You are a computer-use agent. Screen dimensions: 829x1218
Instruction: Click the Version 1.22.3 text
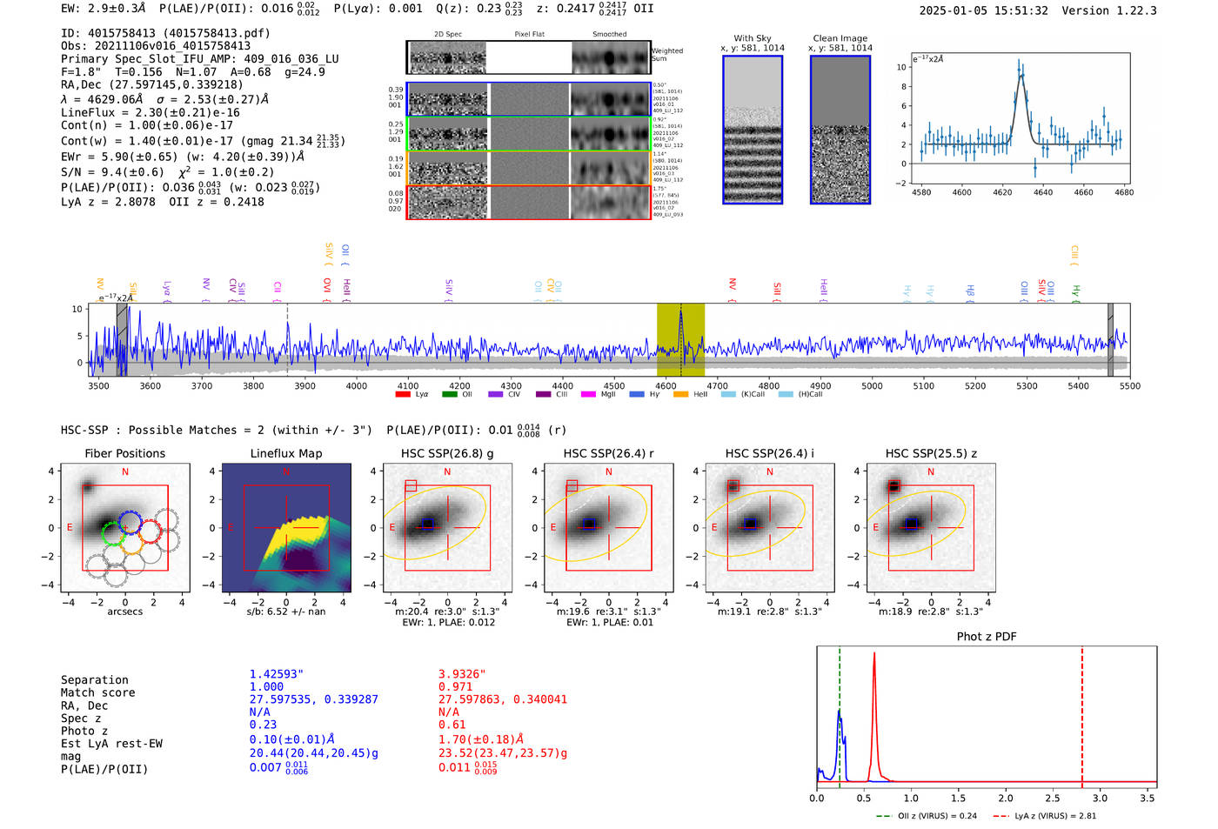[x=1113, y=11]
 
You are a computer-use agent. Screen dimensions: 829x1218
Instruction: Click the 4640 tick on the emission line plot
[x=1042, y=192]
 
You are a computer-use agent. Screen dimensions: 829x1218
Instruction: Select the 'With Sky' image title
[x=752, y=38]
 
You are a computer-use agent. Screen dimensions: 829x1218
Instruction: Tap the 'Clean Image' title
[x=840, y=38]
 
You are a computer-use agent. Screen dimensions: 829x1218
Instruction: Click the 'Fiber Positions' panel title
[x=124, y=453]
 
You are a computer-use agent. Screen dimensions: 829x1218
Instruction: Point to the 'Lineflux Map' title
[x=285, y=453]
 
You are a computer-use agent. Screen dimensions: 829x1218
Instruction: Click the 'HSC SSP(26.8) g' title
[x=446, y=453]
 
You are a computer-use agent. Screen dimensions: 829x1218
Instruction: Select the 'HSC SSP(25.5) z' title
[x=931, y=453]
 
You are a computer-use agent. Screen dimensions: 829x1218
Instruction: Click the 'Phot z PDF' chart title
[x=987, y=637]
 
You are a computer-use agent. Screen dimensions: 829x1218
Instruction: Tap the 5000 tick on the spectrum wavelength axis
[x=872, y=386]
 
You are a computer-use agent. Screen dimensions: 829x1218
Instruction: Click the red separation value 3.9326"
[x=462, y=674]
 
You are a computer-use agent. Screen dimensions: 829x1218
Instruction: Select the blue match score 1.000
[x=266, y=687]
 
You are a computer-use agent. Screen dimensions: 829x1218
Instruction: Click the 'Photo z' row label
[x=84, y=731]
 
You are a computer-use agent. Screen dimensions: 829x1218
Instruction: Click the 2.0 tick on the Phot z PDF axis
[x=1005, y=798]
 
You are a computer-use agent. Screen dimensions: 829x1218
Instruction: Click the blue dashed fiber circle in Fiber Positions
[x=130, y=522]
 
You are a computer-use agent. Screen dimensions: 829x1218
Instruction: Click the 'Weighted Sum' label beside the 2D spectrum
[x=667, y=55]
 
